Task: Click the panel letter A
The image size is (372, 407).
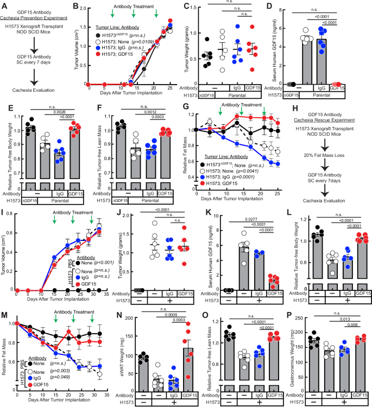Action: (x=4, y=5)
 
